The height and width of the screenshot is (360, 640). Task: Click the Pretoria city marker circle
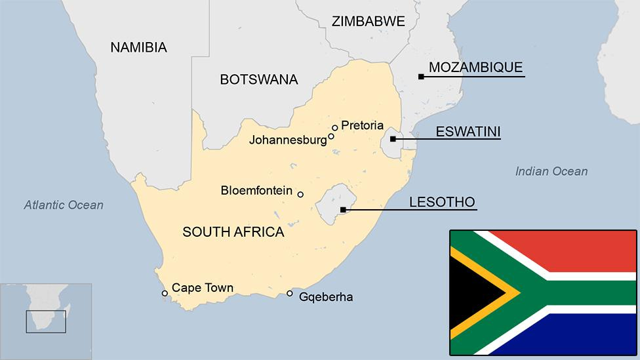click(334, 128)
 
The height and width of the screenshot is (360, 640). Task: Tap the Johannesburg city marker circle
click(331, 136)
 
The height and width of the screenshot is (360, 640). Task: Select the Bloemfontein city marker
click(300, 194)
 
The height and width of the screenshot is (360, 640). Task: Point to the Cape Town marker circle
click(165, 293)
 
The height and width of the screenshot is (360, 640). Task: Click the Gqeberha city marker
click(290, 293)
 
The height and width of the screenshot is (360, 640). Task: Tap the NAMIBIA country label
click(138, 47)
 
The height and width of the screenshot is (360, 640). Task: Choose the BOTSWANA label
click(258, 80)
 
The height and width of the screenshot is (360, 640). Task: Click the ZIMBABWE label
click(368, 21)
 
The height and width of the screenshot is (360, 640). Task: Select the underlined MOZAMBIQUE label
click(475, 68)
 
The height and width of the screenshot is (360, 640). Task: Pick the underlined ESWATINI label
click(468, 132)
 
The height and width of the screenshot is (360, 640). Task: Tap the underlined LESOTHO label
click(442, 202)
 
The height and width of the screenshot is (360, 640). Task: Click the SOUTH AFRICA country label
click(233, 231)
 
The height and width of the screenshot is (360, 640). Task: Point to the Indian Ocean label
click(551, 172)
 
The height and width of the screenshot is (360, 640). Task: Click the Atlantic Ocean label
click(64, 205)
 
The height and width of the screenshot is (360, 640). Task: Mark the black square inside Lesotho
click(342, 210)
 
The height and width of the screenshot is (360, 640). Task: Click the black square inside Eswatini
click(392, 139)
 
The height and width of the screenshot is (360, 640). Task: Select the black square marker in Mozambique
click(421, 77)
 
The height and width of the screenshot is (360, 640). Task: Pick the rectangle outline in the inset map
click(46, 321)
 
